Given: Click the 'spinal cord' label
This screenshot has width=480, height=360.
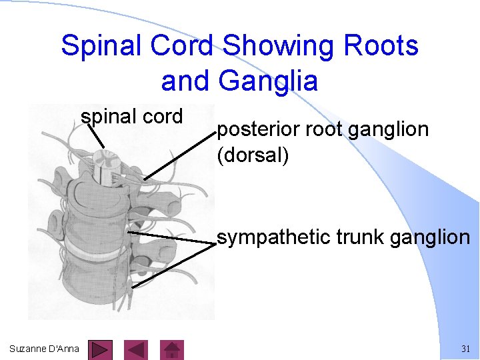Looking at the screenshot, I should [x=132, y=117].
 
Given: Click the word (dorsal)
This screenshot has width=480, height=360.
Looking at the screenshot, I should [x=253, y=155].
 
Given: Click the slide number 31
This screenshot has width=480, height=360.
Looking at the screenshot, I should [x=465, y=349].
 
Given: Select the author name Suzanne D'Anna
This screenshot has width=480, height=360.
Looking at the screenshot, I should [x=44, y=349].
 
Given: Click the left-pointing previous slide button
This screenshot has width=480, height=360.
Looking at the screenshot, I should [x=137, y=350].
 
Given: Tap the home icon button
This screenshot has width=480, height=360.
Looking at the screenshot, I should [x=173, y=350].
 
